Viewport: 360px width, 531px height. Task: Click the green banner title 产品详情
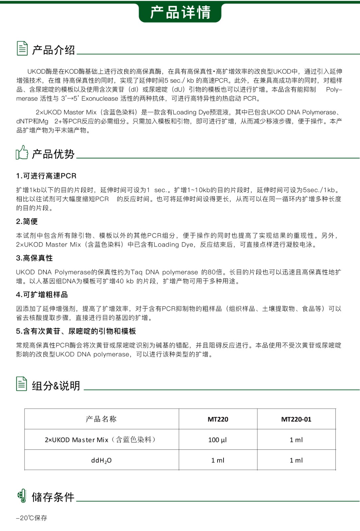(180, 13)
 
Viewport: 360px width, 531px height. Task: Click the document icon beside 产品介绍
(22, 48)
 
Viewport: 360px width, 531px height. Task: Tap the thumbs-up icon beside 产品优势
(22, 153)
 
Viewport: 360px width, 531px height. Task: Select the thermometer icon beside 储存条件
(22, 496)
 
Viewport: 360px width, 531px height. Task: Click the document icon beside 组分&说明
(22, 384)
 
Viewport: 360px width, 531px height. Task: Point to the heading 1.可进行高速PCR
(46, 176)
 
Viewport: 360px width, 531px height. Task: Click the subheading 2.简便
(27, 221)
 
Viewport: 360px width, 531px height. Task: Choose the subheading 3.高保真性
(34, 258)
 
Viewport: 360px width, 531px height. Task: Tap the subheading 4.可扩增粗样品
(42, 294)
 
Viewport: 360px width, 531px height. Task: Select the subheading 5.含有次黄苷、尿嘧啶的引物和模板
(76, 331)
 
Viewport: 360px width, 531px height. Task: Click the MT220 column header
(218, 419)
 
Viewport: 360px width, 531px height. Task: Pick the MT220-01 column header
(296, 419)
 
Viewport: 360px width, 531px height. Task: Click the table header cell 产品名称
(101, 419)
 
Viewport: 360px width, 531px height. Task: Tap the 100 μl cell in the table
(218, 440)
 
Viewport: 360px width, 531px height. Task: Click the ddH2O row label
(101, 460)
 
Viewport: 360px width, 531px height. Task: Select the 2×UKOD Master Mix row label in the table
(100, 440)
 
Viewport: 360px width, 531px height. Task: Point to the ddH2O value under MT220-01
(296, 460)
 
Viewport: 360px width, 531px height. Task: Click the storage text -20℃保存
(32, 518)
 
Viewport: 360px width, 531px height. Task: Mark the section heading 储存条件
(53, 497)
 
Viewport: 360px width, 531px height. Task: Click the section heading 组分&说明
(56, 386)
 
